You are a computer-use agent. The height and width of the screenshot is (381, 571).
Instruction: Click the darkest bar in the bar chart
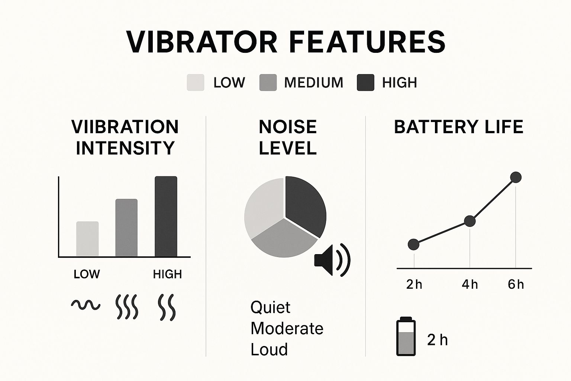click(166, 217)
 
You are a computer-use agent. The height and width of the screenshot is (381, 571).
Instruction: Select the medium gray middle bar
click(126, 228)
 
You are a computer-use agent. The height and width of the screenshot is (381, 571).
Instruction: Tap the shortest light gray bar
click(87, 239)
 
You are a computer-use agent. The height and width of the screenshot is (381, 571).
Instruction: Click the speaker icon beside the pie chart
click(332, 260)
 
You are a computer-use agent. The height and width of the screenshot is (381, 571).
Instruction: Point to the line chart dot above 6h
click(516, 177)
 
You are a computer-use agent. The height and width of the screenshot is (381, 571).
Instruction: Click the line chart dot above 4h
click(470, 221)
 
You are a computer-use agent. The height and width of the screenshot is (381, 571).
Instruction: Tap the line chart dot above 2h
click(413, 244)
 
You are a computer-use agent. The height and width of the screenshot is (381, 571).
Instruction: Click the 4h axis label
click(470, 285)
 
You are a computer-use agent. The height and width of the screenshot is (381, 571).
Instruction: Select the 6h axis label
click(516, 285)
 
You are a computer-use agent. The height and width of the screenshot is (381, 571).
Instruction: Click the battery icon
click(406, 336)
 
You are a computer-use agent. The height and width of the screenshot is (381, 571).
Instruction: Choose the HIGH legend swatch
click(365, 83)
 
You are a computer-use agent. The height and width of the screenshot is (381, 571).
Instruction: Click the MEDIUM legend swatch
click(268, 83)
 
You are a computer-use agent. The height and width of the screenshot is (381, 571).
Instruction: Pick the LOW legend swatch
click(196, 83)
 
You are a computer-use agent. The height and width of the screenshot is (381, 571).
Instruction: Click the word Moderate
click(287, 329)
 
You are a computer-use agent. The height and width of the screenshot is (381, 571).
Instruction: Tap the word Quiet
click(270, 307)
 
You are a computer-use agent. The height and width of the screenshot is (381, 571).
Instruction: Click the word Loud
click(269, 349)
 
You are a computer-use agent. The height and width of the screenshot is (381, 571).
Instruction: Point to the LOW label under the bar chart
click(87, 274)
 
